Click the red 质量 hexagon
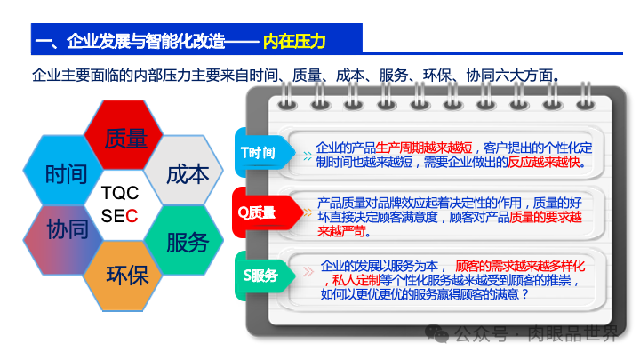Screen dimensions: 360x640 point(125,138)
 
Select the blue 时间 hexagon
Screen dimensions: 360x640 point(66,173)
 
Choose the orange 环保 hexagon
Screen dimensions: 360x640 point(127,275)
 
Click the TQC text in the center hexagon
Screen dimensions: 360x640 point(120,192)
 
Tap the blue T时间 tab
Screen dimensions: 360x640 point(258,153)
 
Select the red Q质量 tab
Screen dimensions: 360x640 point(256,212)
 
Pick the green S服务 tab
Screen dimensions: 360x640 point(260,275)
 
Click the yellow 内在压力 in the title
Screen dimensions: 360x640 point(295,41)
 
